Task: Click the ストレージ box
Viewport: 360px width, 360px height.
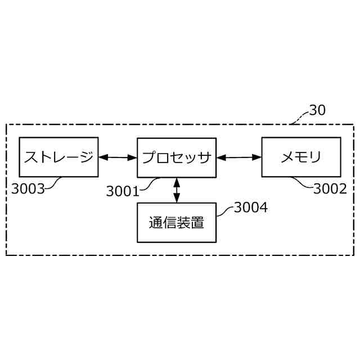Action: pyautogui.click(x=58, y=157)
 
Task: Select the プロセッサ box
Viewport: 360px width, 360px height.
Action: pyautogui.click(x=177, y=157)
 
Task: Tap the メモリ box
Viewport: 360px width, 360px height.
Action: pyautogui.click(x=301, y=157)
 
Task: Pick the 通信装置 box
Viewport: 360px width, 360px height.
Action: pyautogui.click(x=177, y=222)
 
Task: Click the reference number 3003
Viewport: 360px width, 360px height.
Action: pyautogui.click(x=28, y=189)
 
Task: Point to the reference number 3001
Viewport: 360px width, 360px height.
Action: pyautogui.click(x=122, y=191)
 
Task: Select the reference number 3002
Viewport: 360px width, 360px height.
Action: pyautogui.click(x=330, y=189)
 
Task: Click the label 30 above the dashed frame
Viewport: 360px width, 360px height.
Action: pyautogui.click(x=317, y=110)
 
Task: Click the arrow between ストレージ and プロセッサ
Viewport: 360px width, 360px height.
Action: pyautogui.click(x=118, y=157)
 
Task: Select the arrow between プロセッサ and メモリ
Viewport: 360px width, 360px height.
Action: pyautogui.click(x=239, y=157)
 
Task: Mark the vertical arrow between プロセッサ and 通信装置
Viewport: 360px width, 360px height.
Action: pyautogui.click(x=177, y=190)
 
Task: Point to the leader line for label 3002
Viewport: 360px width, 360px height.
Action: pyautogui.click(x=303, y=183)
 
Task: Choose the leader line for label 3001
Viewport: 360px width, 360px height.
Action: pyautogui.click(x=150, y=184)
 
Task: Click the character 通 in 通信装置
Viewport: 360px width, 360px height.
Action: pyautogui.click(x=156, y=223)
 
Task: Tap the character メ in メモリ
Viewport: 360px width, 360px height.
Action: pyautogui.click(x=287, y=157)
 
